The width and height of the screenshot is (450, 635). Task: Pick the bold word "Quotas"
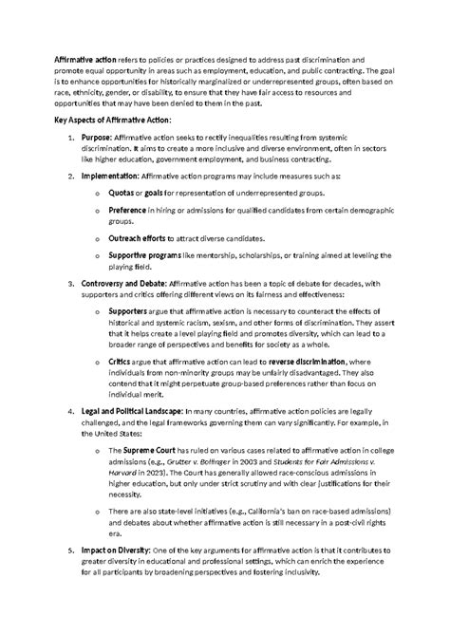click(123, 195)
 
